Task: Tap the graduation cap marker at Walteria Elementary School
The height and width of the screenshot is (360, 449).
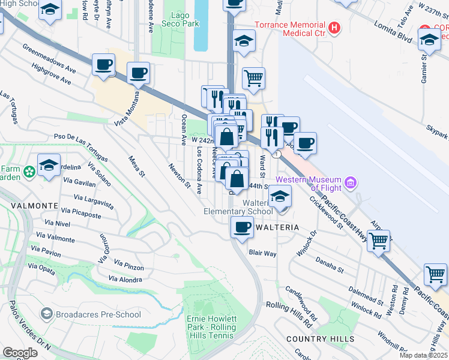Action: click(x=279, y=196)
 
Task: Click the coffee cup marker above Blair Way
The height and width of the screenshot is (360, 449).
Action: click(x=242, y=227)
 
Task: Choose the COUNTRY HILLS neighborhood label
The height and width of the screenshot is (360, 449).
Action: click(x=312, y=339)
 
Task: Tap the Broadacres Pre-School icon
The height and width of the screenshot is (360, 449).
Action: click(x=46, y=314)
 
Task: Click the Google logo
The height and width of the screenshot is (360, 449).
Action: click(x=20, y=353)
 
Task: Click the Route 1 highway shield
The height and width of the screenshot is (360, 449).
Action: click(x=277, y=154)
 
